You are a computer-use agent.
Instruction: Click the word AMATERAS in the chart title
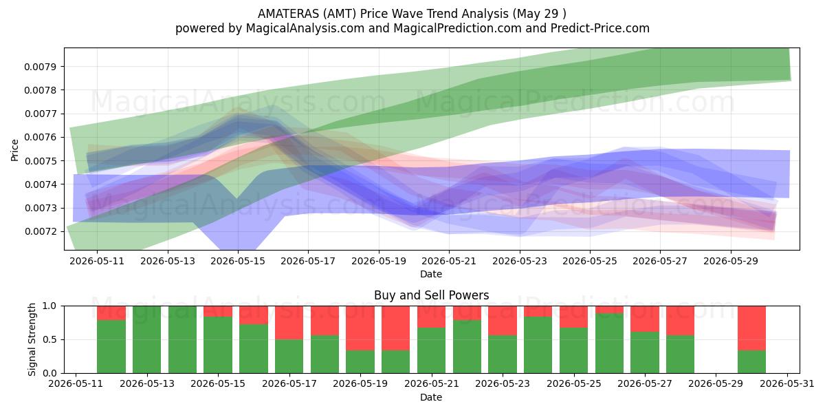[x=288, y=14]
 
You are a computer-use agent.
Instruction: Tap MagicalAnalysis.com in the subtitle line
[x=305, y=28]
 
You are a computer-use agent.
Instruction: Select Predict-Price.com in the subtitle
[x=600, y=28]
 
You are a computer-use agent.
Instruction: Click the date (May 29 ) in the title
[x=539, y=14]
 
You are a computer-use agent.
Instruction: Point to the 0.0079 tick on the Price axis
[x=39, y=67]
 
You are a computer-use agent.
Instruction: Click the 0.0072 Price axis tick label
[x=39, y=231]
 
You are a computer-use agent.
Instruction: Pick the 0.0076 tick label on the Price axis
[x=39, y=137]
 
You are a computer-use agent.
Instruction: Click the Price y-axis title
[x=14, y=150]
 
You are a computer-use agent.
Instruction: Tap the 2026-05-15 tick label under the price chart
[x=238, y=261]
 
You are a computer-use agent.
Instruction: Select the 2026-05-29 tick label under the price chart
[x=731, y=261]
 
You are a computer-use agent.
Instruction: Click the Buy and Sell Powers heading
[x=431, y=295]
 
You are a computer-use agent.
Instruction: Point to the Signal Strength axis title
[x=32, y=339]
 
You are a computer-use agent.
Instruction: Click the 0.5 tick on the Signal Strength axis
[x=49, y=339]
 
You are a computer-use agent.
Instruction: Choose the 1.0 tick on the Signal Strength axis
[x=49, y=306]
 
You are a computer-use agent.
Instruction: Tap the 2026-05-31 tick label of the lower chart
[x=787, y=384]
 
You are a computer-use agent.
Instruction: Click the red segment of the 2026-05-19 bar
[x=360, y=328]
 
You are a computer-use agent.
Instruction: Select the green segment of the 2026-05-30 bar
[x=751, y=362]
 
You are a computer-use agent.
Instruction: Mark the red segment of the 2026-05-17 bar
[x=289, y=323]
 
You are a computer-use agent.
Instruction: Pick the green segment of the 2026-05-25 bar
[x=574, y=350]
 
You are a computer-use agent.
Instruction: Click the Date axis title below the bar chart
[x=431, y=398]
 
